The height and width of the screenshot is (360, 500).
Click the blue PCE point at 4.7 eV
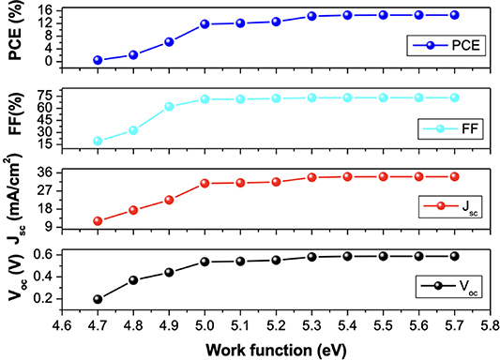98,60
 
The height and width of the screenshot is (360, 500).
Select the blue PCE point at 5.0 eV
205,23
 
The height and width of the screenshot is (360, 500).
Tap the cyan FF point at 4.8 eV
133,130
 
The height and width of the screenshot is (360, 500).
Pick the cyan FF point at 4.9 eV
169,106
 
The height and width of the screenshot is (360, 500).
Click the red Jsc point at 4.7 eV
98,221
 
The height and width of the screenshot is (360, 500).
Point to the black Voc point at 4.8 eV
133,280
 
